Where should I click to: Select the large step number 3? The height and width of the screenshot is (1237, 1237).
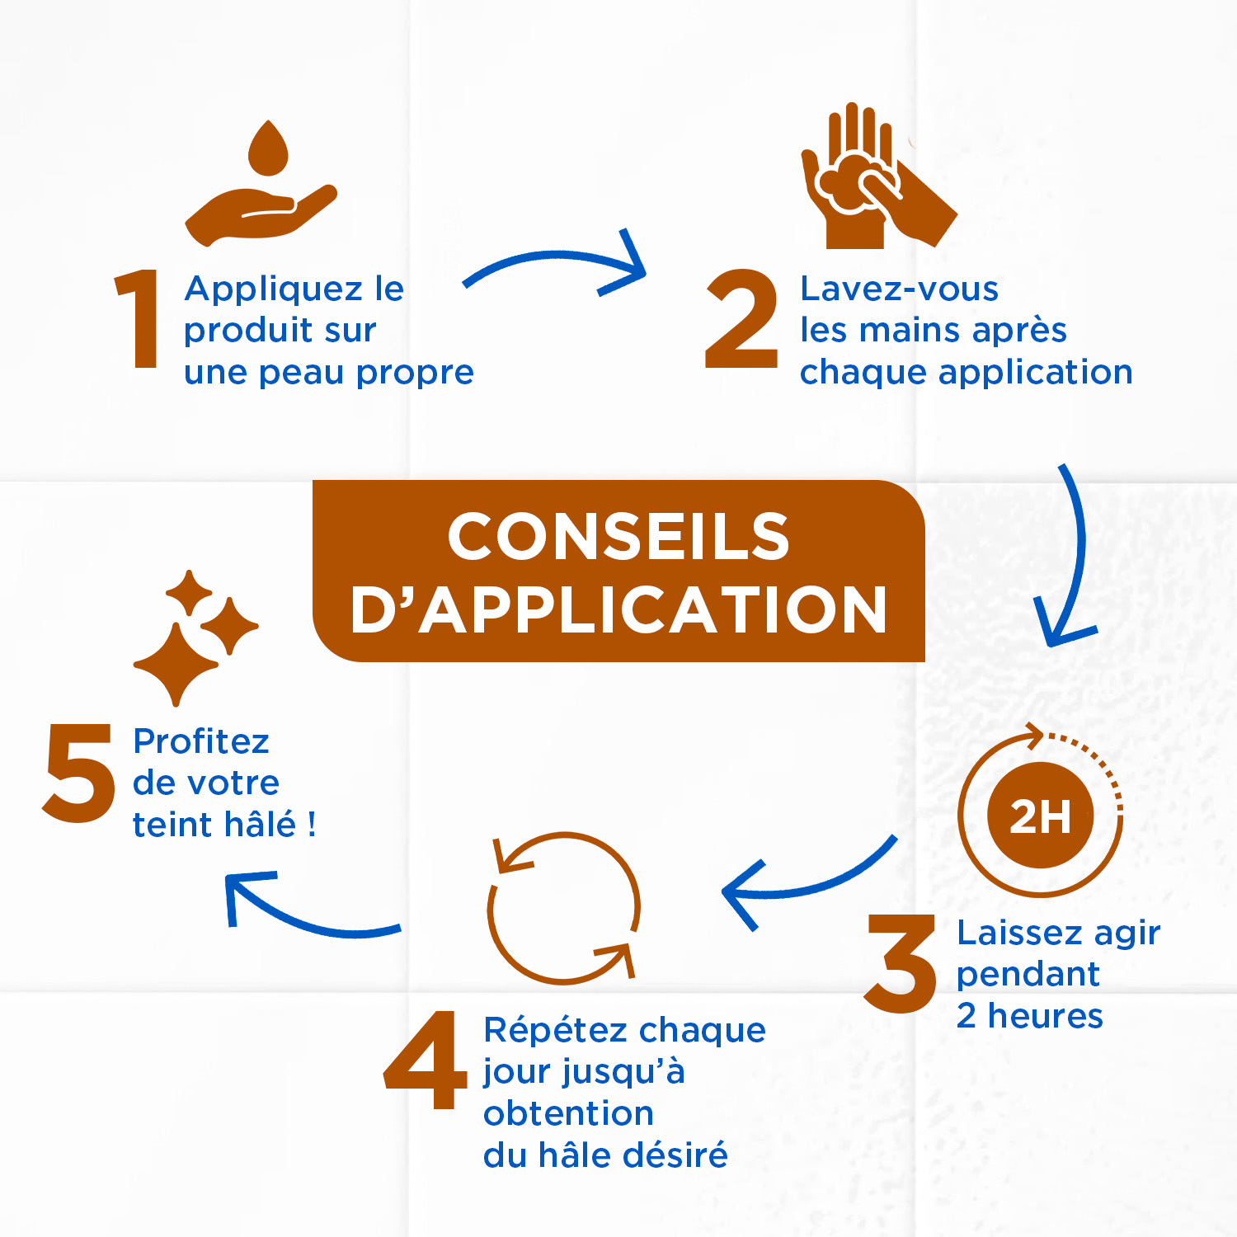coord(901,964)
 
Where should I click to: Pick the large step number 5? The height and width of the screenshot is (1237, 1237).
coord(79,773)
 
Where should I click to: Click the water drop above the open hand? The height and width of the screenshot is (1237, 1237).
coord(268,148)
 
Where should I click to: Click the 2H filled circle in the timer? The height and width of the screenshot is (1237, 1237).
coord(1040,816)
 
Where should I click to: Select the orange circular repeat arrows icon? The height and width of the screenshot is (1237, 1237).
coord(564,907)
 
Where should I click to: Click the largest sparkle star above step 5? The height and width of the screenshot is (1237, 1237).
coord(176,664)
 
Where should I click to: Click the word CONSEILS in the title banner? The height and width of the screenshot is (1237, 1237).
coord(618,537)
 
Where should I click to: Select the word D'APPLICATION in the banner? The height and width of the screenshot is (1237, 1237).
coord(618,611)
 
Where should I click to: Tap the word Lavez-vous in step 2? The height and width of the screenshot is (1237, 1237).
coord(899,289)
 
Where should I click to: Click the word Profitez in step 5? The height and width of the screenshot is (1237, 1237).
coord(201,741)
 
